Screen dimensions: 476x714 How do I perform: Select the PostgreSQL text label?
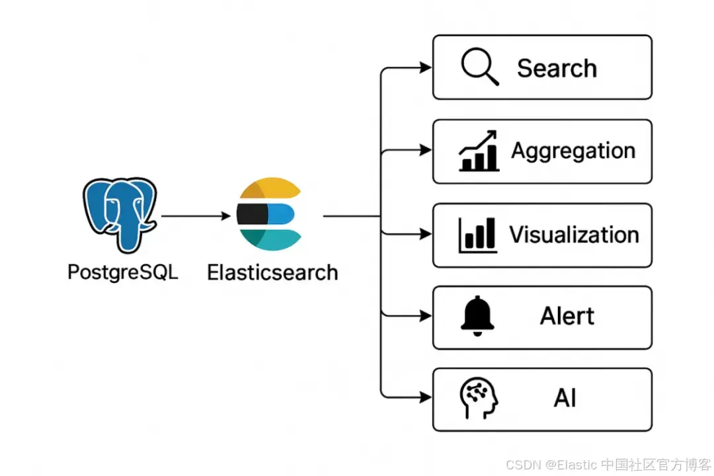(x=123, y=272)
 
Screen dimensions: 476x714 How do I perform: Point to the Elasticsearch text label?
(x=272, y=272)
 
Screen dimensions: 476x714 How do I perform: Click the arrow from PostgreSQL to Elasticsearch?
(x=196, y=216)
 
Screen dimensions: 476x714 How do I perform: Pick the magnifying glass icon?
(x=479, y=67)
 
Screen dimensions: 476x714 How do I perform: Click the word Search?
(x=557, y=68)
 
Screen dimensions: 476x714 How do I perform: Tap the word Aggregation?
(x=573, y=151)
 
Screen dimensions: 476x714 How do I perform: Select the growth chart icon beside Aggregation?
(x=478, y=151)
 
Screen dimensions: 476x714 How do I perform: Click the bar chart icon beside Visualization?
(x=477, y=235)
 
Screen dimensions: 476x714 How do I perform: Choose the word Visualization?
(x=574, y=235)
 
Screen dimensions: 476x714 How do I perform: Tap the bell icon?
(x=477, y=316)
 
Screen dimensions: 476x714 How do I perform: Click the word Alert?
(x=567, y=316)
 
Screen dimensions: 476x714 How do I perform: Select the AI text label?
(x=565, y=399)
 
